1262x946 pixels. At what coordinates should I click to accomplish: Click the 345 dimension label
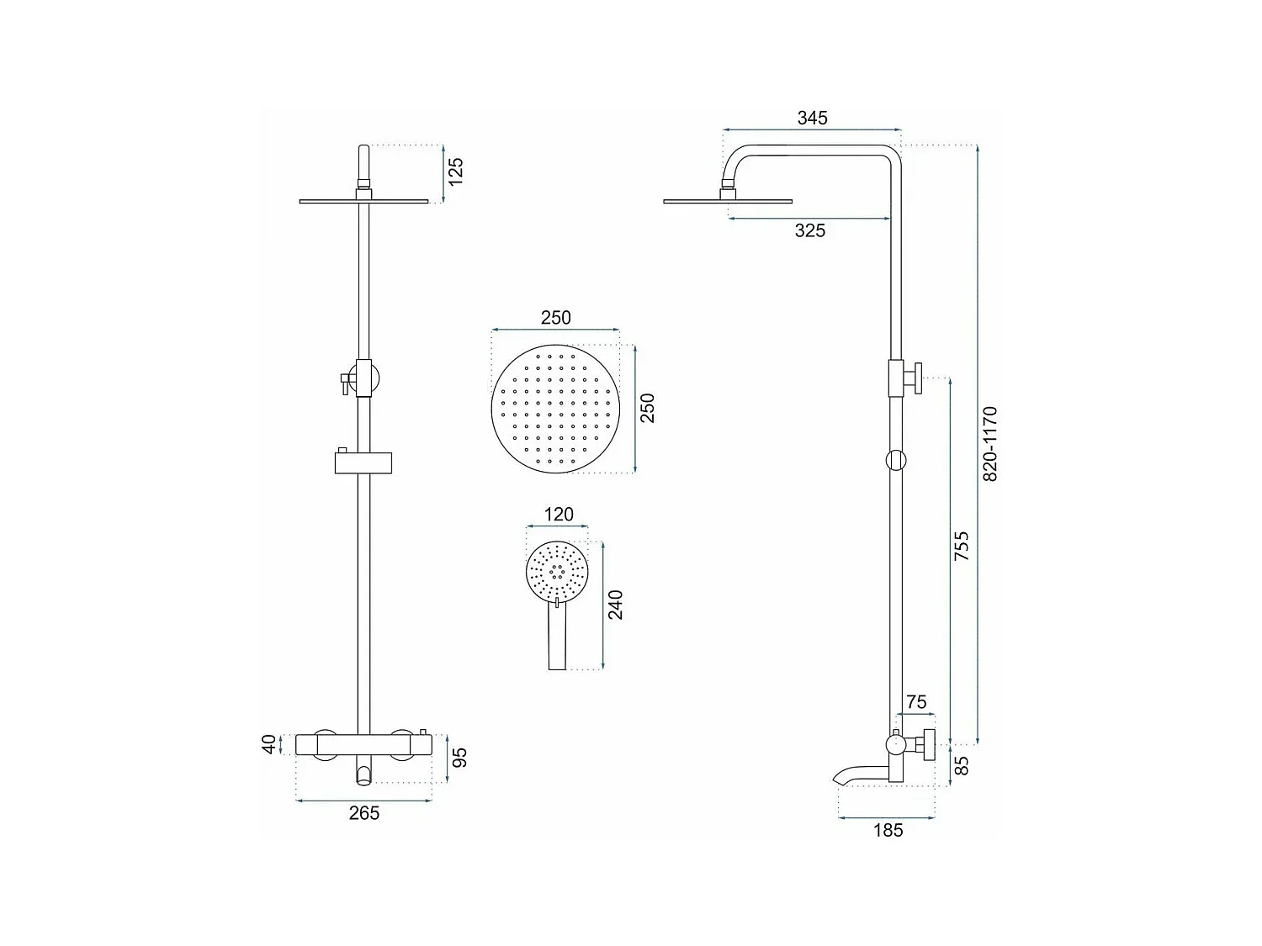(x=812, y=118)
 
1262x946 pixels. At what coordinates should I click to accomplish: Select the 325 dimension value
(x=809, y=230)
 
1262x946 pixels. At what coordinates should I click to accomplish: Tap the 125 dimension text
(x=455, y=172)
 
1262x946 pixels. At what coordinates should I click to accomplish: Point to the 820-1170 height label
(x=990, y=443)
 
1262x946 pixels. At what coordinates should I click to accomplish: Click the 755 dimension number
(x=962, y=546)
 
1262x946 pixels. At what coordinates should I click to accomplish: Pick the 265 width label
(x=364, y=813)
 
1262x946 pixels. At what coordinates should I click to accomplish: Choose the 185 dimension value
(x=888, y=830)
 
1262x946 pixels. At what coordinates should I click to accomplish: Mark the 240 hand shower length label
(x=615, y=605)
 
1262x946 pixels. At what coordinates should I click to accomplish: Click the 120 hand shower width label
(x=559, y=514)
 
